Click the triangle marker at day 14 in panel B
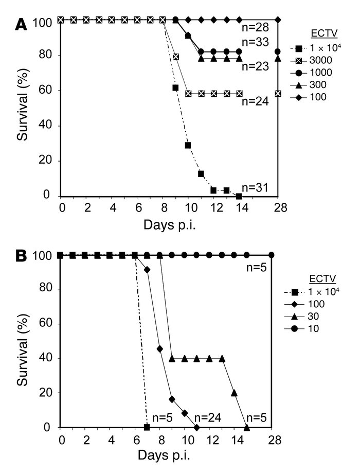[x=235, y=393]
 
